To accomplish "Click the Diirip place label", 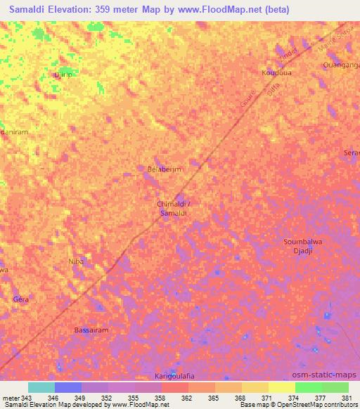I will [x=64, y=74].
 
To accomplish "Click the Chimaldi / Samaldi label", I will [x=173, y=208].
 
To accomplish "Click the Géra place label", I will [x=21, y=299].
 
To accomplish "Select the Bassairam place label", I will [x=91, y=330].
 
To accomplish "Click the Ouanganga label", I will [x=342, y=65].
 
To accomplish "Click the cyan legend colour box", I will [x=41, y=387].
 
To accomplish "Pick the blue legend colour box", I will [x=67, y=387].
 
